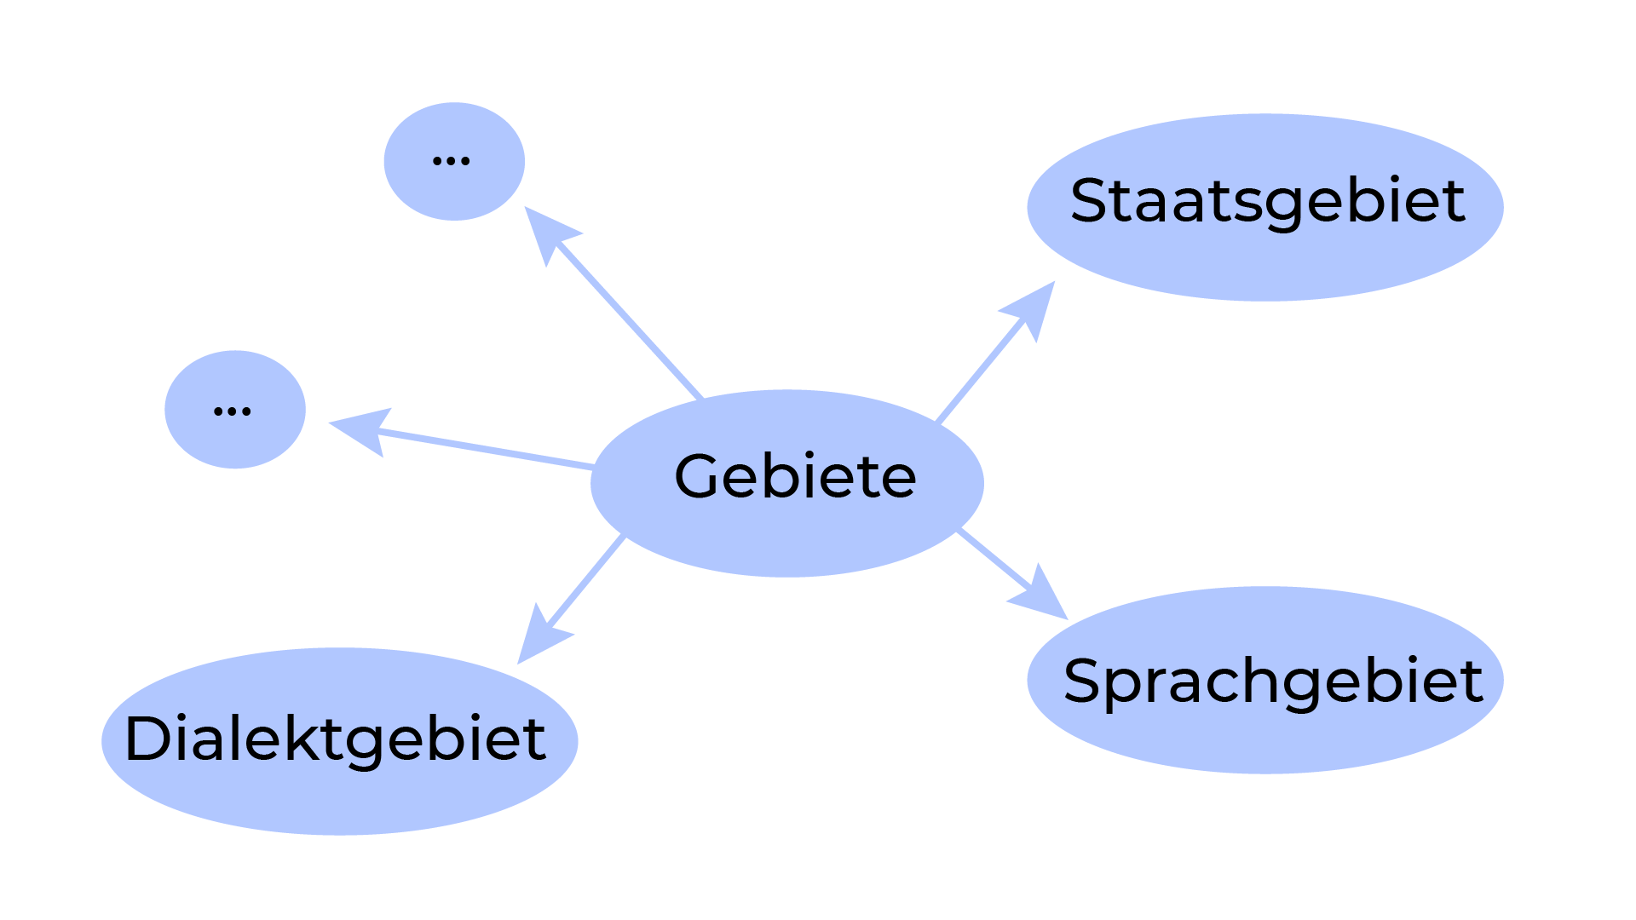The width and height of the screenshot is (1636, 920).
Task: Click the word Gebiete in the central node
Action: (795, 476)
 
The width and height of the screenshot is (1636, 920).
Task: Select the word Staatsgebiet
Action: (1267, 202)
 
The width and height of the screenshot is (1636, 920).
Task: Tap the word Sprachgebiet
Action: (1273, 681)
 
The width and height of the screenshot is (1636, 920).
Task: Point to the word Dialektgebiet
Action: (335, 739)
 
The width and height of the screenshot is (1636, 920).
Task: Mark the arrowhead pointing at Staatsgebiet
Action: (1034, 307)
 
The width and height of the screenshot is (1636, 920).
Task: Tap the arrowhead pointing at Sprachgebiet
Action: (1042, 595)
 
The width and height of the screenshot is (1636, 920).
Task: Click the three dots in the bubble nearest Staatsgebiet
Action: (452, 161)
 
